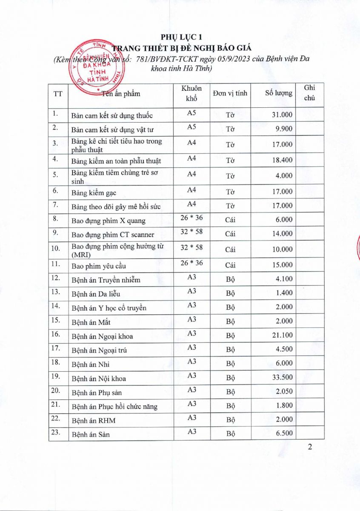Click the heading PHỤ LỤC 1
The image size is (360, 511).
point(180,37)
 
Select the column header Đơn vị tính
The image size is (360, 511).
point(230,93)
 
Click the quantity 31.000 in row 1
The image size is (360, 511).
point(282,115)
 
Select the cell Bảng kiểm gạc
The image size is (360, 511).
point(94,193)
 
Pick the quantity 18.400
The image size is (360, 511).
point(282,161)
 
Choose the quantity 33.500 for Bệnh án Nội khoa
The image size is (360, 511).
point(282,378)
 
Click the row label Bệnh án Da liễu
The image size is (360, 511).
point(96,294)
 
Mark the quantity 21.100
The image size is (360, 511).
point(282,336)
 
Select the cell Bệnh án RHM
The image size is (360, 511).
point(93,421)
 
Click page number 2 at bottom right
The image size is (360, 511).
point(310,447)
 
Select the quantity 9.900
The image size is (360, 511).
point(284,129)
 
